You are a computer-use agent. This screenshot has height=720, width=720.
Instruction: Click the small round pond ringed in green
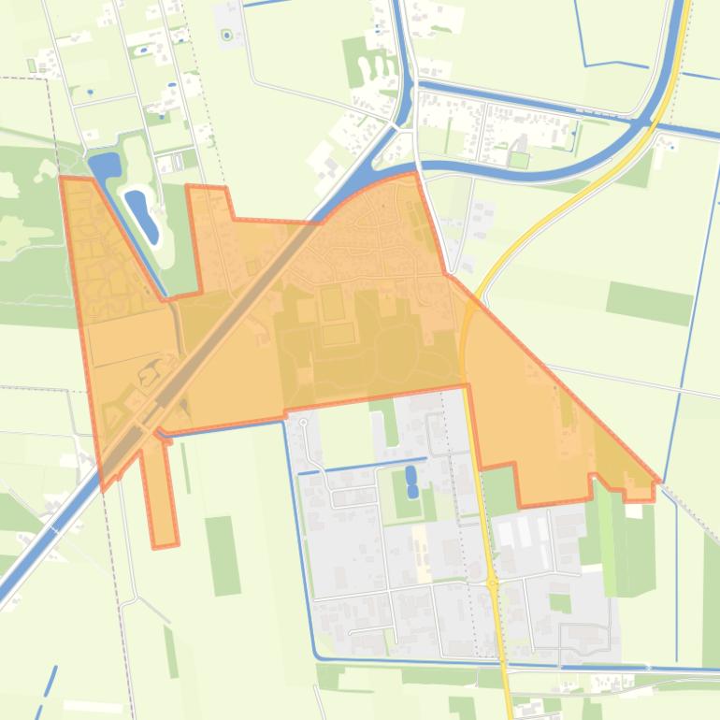tap(226, 36)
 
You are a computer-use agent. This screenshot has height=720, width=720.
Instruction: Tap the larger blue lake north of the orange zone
tap(105, 165)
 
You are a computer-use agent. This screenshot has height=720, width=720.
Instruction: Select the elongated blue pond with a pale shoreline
tap(142, 212)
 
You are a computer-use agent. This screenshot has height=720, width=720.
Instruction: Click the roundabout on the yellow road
tap(493, 583)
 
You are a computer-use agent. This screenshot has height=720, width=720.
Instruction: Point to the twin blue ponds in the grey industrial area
tap(411, 482)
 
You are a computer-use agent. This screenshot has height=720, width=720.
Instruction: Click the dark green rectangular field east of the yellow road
tap(649, 302)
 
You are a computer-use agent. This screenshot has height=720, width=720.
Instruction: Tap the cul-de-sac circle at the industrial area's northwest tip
tap(303, 424)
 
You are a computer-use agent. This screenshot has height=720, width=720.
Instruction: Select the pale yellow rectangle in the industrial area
tap(420, 540)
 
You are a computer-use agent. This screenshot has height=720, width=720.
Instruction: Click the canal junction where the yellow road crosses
tap(645, 122)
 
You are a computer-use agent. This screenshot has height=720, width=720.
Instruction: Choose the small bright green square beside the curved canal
tap(518, 160)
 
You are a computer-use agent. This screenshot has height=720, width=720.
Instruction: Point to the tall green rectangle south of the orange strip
tap(223, 555)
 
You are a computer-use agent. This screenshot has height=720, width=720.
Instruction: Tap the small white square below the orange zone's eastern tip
tap(635, 511)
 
